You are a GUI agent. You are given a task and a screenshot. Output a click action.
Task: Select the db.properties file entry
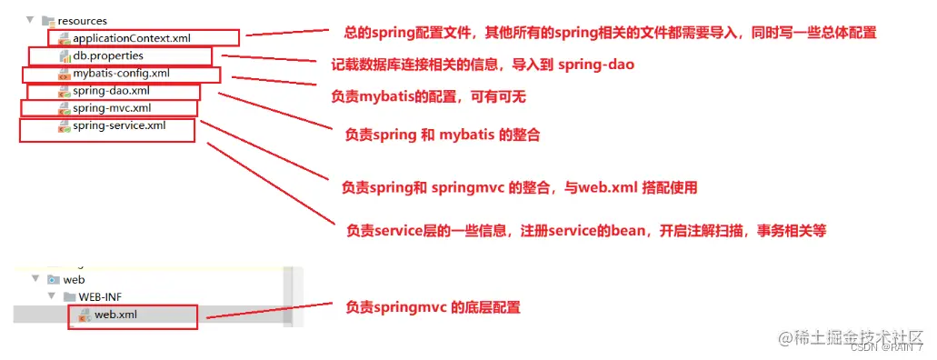click(x=108, y=55)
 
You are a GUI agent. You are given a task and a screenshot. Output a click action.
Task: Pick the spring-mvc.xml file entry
click(x=112, y=107)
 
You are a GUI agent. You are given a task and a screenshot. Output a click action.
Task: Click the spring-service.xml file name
click(x=119, y=125)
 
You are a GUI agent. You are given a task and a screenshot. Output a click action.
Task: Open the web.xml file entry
click(x=115, y=315)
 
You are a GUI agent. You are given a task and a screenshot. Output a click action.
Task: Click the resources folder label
click(x=83, y=21)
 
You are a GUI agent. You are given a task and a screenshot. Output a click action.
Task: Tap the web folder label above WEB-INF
click(x=74, y=279)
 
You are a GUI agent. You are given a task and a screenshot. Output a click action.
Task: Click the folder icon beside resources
click(x=48, y=21)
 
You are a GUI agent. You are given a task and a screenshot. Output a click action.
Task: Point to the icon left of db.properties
click(x=64, y=56)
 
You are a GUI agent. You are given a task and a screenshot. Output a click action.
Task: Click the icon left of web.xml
click(x=85, y=315)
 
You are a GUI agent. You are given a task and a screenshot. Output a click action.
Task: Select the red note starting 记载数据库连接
click(x=483, y=65)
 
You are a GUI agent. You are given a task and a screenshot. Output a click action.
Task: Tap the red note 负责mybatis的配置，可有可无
click(x=431, y=95)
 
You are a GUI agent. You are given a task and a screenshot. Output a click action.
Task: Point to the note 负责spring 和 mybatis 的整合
click(x=443, y=135)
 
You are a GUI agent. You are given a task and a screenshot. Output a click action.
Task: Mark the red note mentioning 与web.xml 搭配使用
click(x=519, y=188)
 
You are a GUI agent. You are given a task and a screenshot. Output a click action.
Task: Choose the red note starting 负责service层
click(x=586, y=230)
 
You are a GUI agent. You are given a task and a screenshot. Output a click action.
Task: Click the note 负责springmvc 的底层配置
click(x=433, y=307)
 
